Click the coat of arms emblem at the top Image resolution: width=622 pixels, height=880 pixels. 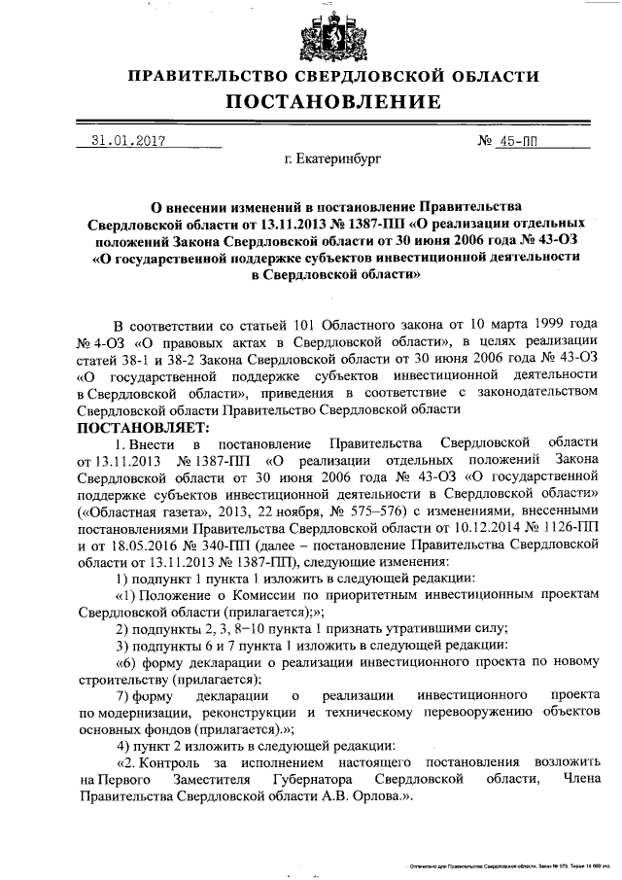coord(333,31)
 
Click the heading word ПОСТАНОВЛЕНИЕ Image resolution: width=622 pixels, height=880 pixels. coord(333,102)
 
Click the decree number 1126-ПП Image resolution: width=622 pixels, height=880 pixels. coord(564,527)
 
